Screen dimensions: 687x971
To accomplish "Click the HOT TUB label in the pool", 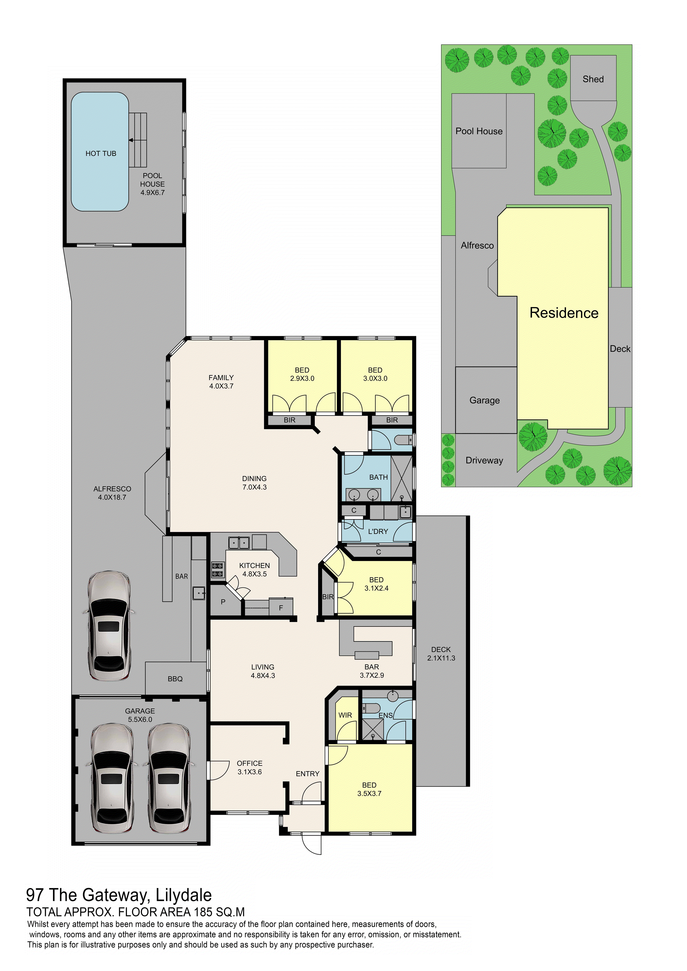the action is pos(101,154).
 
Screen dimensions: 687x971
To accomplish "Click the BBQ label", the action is pos(175,679).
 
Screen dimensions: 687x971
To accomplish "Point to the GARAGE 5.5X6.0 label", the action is pos(140,715).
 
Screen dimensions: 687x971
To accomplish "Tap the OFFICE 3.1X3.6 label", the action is pos(250,768).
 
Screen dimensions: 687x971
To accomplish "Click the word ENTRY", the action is pos(308,774).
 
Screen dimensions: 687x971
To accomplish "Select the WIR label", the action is pos(345,715).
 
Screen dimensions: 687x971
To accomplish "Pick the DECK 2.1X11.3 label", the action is pos(441,654).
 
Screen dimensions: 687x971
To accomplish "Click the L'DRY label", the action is pos(378,532).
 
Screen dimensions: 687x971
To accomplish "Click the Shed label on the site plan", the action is pos(593,79).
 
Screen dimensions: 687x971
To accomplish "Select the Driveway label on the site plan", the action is pos(484,460).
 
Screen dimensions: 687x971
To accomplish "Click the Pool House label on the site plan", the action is pos(479,131).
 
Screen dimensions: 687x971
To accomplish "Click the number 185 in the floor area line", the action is pos(203,912).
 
